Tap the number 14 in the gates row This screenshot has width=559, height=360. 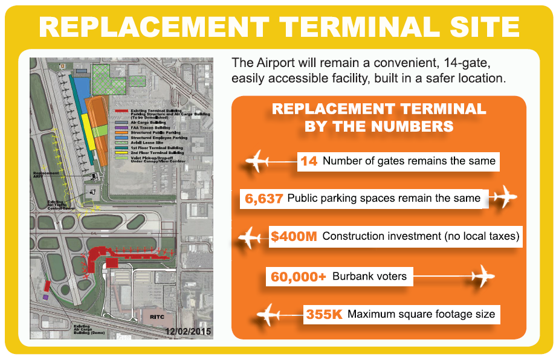coord(309,161)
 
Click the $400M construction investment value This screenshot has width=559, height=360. coord(294,236)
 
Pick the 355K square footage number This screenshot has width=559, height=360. coord(325,314)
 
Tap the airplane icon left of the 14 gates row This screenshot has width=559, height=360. coord(257,162)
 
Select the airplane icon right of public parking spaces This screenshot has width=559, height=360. coord(503,198)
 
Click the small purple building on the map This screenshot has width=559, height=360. coord(46,297)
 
